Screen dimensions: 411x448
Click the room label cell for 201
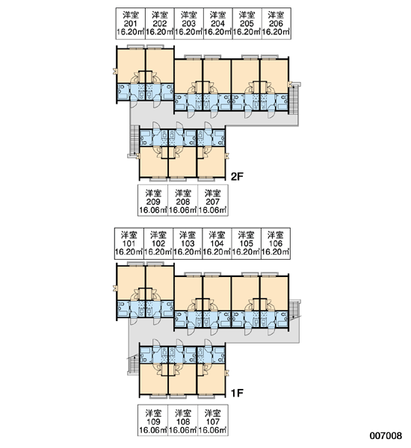coord(131,23)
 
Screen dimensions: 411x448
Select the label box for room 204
coord(218,23)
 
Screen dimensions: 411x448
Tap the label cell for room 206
coord(276,23)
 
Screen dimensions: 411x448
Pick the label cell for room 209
coord(152,200)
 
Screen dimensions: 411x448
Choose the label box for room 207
coord(213,200)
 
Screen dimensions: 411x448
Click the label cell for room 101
coord(129,243)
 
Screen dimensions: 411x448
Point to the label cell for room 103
coord(188,243)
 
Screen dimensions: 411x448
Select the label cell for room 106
coord(276,243)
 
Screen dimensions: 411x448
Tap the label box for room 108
coord(183,420)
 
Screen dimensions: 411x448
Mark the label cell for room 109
coord(152,420)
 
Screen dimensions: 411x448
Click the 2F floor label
coord(237,177)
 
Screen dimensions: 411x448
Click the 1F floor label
coord(237,393)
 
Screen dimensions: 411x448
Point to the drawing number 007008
coord(386,436)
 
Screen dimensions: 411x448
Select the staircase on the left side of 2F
coord(133,141)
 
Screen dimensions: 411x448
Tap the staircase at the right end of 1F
coord(294,311)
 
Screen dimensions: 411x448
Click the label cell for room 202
coord(160,23)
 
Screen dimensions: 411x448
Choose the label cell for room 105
coord(247,243)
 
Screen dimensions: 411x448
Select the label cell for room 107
coord(213,420)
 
